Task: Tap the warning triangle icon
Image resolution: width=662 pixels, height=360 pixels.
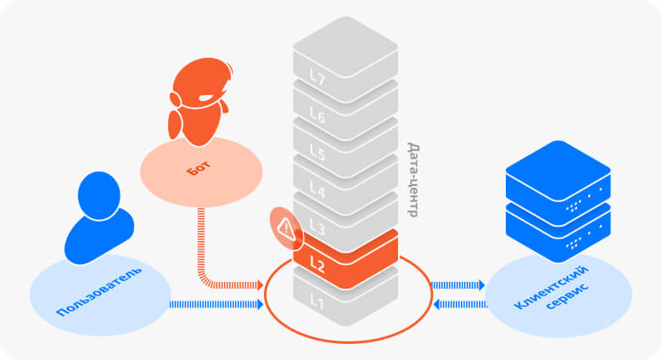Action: (285, 227)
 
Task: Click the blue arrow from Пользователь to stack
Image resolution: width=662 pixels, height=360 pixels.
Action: (217, 303)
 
